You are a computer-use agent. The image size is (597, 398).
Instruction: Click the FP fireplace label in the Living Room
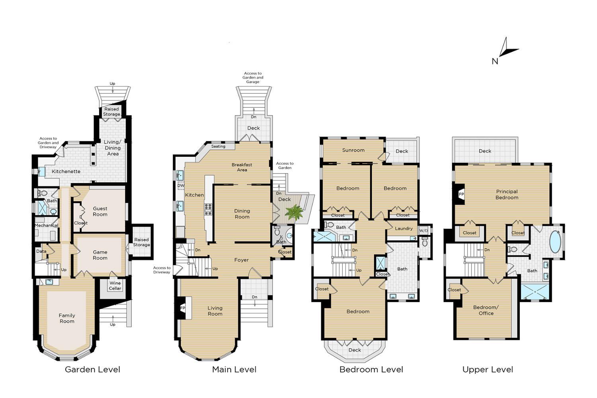[183, 308]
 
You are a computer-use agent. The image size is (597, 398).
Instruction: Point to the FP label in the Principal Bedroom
[461, 194]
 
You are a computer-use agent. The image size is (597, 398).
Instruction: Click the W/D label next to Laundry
[423, 231]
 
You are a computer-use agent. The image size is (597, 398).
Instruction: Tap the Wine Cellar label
[115, 286]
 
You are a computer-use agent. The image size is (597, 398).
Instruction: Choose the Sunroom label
[353, 150]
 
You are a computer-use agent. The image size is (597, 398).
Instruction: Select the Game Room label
[100, 255]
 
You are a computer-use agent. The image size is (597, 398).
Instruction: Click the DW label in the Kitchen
[181, 185]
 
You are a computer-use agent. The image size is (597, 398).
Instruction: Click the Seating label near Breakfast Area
[218, 146]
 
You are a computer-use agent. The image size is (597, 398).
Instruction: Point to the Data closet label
[41, 251]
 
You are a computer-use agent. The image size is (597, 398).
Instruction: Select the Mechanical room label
[46, 225]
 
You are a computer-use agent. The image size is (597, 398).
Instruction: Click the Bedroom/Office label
[486, 310]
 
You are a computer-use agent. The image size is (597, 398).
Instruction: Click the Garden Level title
[92, 369]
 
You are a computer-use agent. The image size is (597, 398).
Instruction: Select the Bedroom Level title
[371, 369]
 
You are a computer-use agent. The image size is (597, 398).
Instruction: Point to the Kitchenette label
[66, 172]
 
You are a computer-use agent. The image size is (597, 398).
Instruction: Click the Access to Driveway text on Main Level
[162, 270]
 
